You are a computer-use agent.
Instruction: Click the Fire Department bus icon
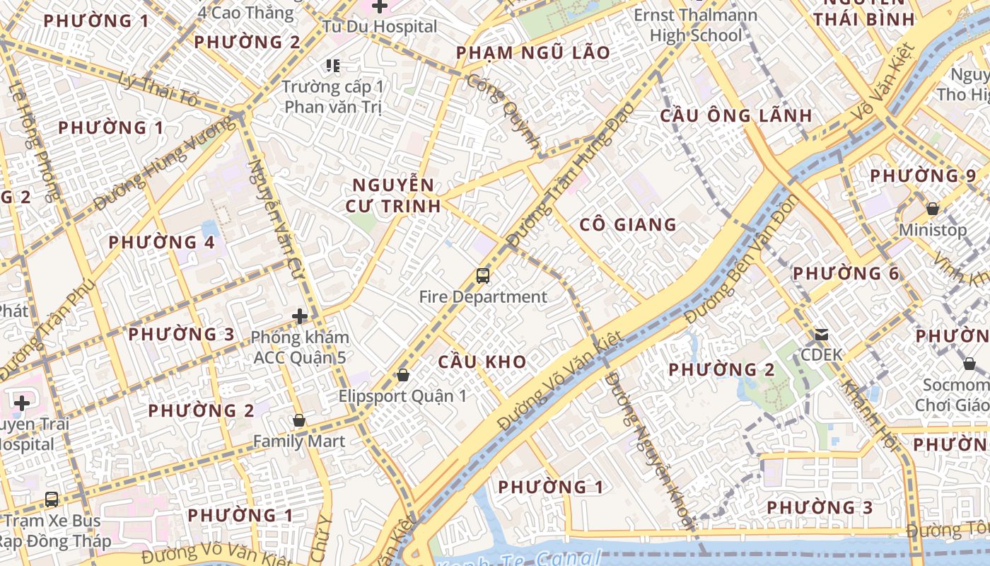483,276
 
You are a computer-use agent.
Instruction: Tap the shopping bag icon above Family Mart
299,420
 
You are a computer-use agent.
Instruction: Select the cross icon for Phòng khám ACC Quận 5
300,316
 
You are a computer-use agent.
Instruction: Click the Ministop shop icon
933,209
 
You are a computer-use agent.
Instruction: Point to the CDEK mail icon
821,334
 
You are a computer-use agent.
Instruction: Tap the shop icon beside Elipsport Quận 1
403,375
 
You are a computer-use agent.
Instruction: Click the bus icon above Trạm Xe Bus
52,499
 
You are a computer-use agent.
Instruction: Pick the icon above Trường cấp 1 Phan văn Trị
333,66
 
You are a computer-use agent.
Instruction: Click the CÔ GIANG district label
628,225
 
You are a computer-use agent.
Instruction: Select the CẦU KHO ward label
482,362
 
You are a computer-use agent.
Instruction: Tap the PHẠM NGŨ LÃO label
533,53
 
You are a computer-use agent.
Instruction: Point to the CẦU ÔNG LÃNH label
736,116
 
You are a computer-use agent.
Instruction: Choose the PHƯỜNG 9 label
923,175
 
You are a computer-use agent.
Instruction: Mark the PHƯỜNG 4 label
161,243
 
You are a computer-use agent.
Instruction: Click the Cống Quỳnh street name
504,109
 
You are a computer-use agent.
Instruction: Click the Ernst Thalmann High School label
696,25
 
